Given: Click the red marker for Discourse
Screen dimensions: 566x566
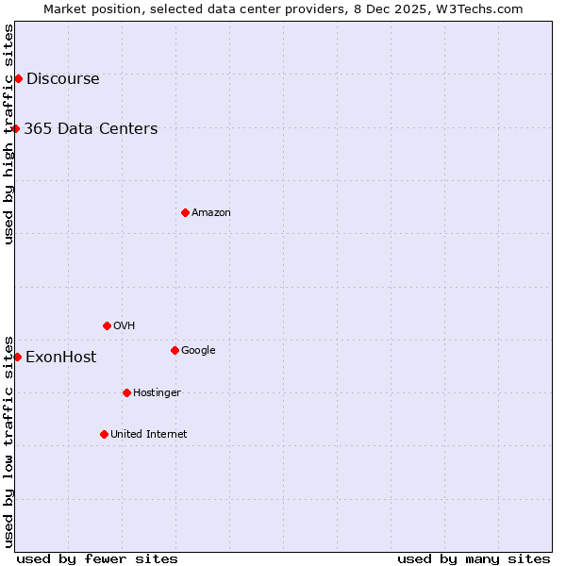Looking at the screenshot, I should [18, 78].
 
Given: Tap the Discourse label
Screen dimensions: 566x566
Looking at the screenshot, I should [62, 79].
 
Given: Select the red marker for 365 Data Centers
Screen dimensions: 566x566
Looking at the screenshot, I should [16, 128].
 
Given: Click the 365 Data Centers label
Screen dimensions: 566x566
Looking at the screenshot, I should [91, 129].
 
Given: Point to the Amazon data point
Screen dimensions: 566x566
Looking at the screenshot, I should [185, 212].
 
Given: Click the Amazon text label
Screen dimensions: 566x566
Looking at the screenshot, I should [210, 213].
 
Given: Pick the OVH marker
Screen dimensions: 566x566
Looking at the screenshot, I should [107, 325].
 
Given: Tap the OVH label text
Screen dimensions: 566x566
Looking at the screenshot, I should [124, 326].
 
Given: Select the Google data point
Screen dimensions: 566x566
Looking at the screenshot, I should [175, 350].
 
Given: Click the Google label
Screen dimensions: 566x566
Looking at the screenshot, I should [198, 351].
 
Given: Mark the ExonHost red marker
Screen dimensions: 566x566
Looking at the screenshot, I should [17, 357].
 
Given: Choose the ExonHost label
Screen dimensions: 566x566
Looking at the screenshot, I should [60, 358].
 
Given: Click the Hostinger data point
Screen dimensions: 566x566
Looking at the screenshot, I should [126, 392].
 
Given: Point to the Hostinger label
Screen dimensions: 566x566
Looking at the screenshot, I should [157, 393].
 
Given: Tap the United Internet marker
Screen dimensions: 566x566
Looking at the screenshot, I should [104, 434].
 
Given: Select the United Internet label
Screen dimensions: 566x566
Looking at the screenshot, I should [148, 435].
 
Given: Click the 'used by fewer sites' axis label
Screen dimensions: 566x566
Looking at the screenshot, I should [97, 559].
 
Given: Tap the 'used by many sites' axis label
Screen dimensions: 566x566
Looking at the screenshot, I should [474, 559].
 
